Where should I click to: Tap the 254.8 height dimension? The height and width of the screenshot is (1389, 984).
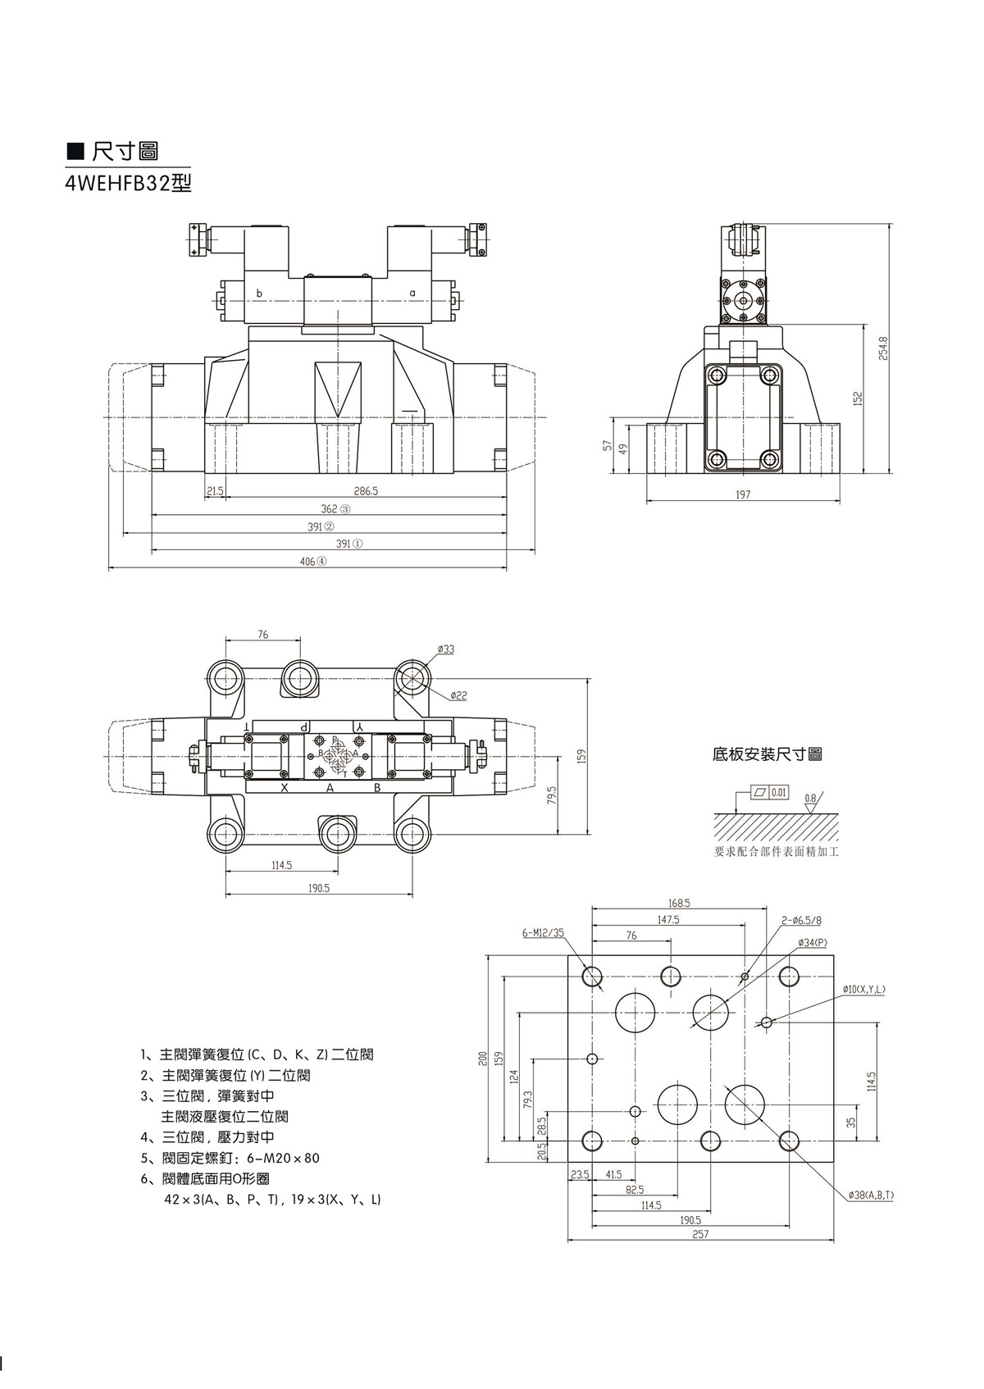pyautogui.click(x=883, y=348)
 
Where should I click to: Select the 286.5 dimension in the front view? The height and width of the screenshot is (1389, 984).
pyautogui.click(x=366, y=491)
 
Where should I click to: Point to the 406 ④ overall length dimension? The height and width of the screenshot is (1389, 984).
pyautogui.click(x=311, y=562)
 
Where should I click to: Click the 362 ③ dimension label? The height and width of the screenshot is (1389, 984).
pyautogui.click(x=335, y=509)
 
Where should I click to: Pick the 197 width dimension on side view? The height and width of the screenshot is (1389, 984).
pyautogui.click(x=743, y=494)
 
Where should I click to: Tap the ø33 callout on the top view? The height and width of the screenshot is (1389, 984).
pyautogui.click(x=446, y=649)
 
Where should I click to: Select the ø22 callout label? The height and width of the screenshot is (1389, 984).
pyautogui.click(x=458, y=695)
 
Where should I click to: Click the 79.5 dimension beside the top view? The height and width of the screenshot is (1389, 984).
pyautogui.click(x=552, y=795)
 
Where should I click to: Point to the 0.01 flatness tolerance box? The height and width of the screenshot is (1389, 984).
pyautogui.click(x=778, y=792)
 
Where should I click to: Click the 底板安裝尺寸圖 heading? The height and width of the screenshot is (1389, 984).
pyautogui.click(x=767, y=754)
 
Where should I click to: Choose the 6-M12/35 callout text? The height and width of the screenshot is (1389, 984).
pyautogui.click(x=543, y=932)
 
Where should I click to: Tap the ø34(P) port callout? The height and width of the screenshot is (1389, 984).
pyautogui.click(x=812, y=942)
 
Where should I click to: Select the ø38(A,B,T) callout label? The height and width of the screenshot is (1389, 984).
pyautogui.click(x=871, y=1195)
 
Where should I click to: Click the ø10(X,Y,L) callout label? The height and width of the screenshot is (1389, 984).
pyautogui.click(x=863, y=990)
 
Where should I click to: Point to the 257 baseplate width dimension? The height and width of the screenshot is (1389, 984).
pyautogui.click(x=699, y=1234)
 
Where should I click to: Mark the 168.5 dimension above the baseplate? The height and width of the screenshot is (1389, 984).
pyautogui.click(x=679, y=903)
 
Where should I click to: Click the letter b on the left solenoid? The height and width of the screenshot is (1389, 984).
pyautogui.click(x=259, y=293)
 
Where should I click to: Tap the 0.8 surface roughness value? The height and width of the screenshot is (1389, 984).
pyautogui.click(x=810, y=798)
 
